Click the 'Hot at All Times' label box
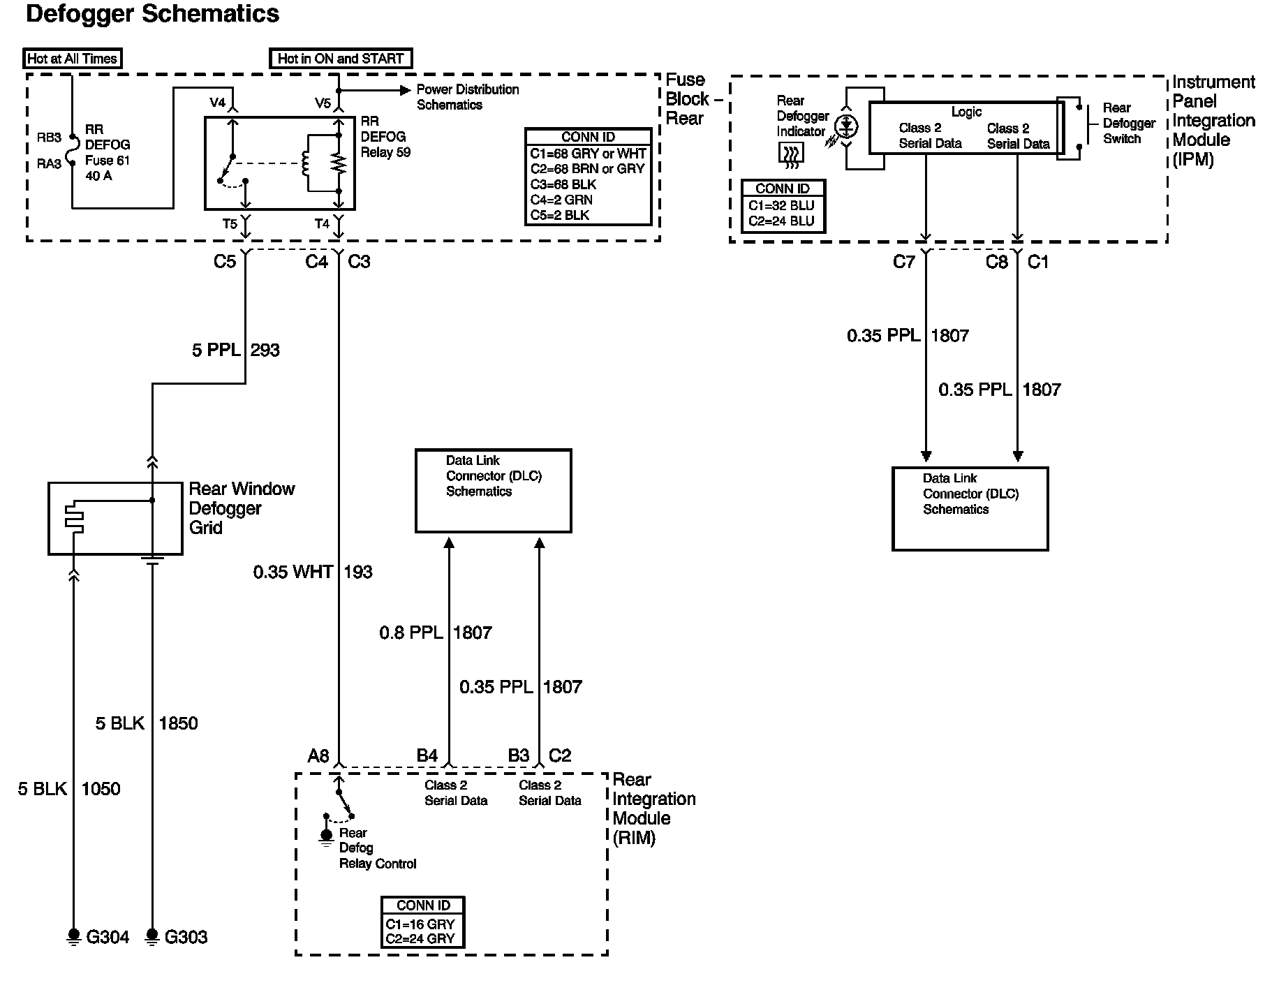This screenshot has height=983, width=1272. tap(73, 59)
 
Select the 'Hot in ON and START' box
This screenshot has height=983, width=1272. tap(341, 59)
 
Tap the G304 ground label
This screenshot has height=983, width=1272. tap(108, 937)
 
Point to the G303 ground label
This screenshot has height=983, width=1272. tap(186, 937)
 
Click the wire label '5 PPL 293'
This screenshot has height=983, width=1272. tap(236, 350)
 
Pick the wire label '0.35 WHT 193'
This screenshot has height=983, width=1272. tap(313, 572)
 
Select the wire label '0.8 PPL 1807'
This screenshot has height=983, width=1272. tap(436, 633)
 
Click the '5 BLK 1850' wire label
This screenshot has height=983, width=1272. tap(147, 723)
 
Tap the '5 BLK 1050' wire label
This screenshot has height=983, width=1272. tap(69, 789)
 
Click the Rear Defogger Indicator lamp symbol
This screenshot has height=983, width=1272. tap(847, 127)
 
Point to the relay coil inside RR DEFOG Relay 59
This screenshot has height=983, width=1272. tap(305, 164)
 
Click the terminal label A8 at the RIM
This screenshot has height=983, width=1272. tap(318, 756)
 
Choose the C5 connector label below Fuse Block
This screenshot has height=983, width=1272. tap(225, 262)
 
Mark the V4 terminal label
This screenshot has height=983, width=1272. tap(218, 103)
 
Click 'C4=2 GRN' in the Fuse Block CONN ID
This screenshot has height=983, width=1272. tap(561, 200)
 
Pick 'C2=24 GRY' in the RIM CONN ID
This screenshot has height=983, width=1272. tap(420, 939)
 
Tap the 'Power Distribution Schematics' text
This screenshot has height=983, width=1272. tap(468, 97)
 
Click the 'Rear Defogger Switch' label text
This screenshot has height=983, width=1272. tap(1129, 124)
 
